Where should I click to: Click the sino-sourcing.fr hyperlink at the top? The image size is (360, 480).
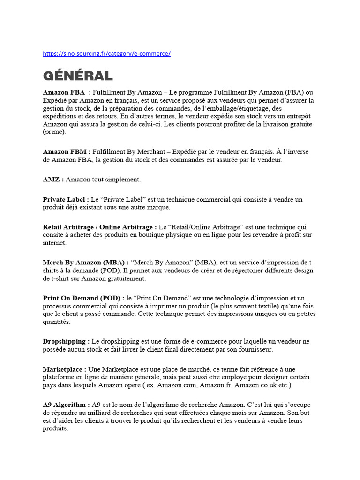coord(106,54)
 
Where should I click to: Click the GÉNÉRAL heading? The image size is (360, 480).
coord(78,76)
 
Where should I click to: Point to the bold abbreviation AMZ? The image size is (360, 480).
coord(51,179)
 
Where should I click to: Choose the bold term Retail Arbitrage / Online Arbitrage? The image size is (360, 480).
coord(97,227)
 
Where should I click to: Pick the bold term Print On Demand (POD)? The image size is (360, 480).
coord(81,298)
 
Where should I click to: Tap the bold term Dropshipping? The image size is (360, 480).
coord(64,341)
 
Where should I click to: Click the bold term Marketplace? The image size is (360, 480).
coord(62,369)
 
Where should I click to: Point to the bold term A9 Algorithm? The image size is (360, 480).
coord(64,405)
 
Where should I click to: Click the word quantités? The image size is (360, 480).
coord(56,322)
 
